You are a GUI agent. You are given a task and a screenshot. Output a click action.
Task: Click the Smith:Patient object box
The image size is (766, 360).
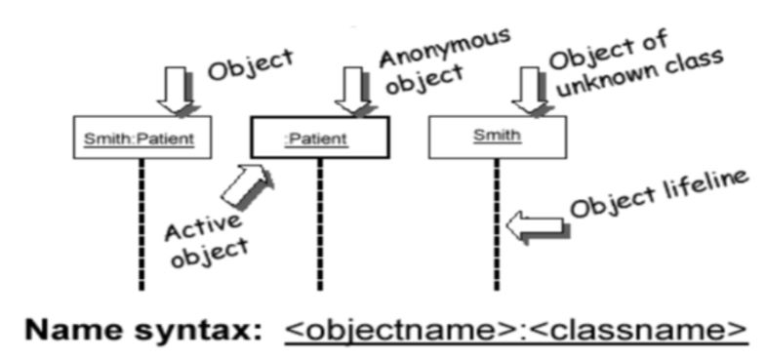[143, 138]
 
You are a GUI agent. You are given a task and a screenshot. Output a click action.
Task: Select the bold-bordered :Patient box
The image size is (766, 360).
[320, 138]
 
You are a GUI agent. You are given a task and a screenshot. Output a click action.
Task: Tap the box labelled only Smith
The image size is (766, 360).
[497, 138]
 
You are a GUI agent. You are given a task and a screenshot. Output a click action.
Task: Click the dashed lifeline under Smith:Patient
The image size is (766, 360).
[142, 224]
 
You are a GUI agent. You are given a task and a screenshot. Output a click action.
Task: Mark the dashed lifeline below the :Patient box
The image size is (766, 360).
[320, 224]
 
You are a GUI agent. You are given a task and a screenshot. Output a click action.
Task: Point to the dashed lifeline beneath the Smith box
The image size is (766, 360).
[497, 224]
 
